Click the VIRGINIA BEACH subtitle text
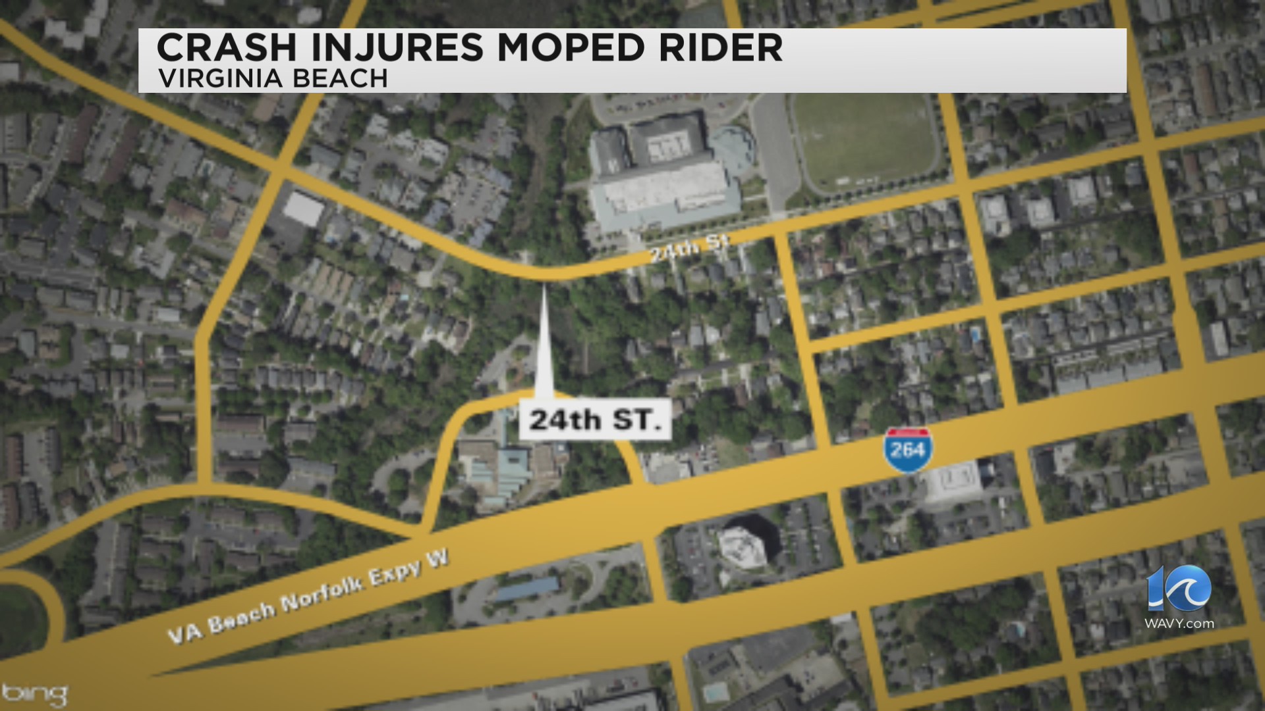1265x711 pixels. click(273, 79)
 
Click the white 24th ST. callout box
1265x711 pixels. click(595, 419)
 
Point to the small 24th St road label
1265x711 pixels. click(688, 249)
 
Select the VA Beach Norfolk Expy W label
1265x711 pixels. click(308, 598)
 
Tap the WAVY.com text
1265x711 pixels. click(1179, 623)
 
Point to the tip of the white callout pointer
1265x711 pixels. click(544, 290)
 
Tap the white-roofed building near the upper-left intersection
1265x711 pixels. click(303, 209)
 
